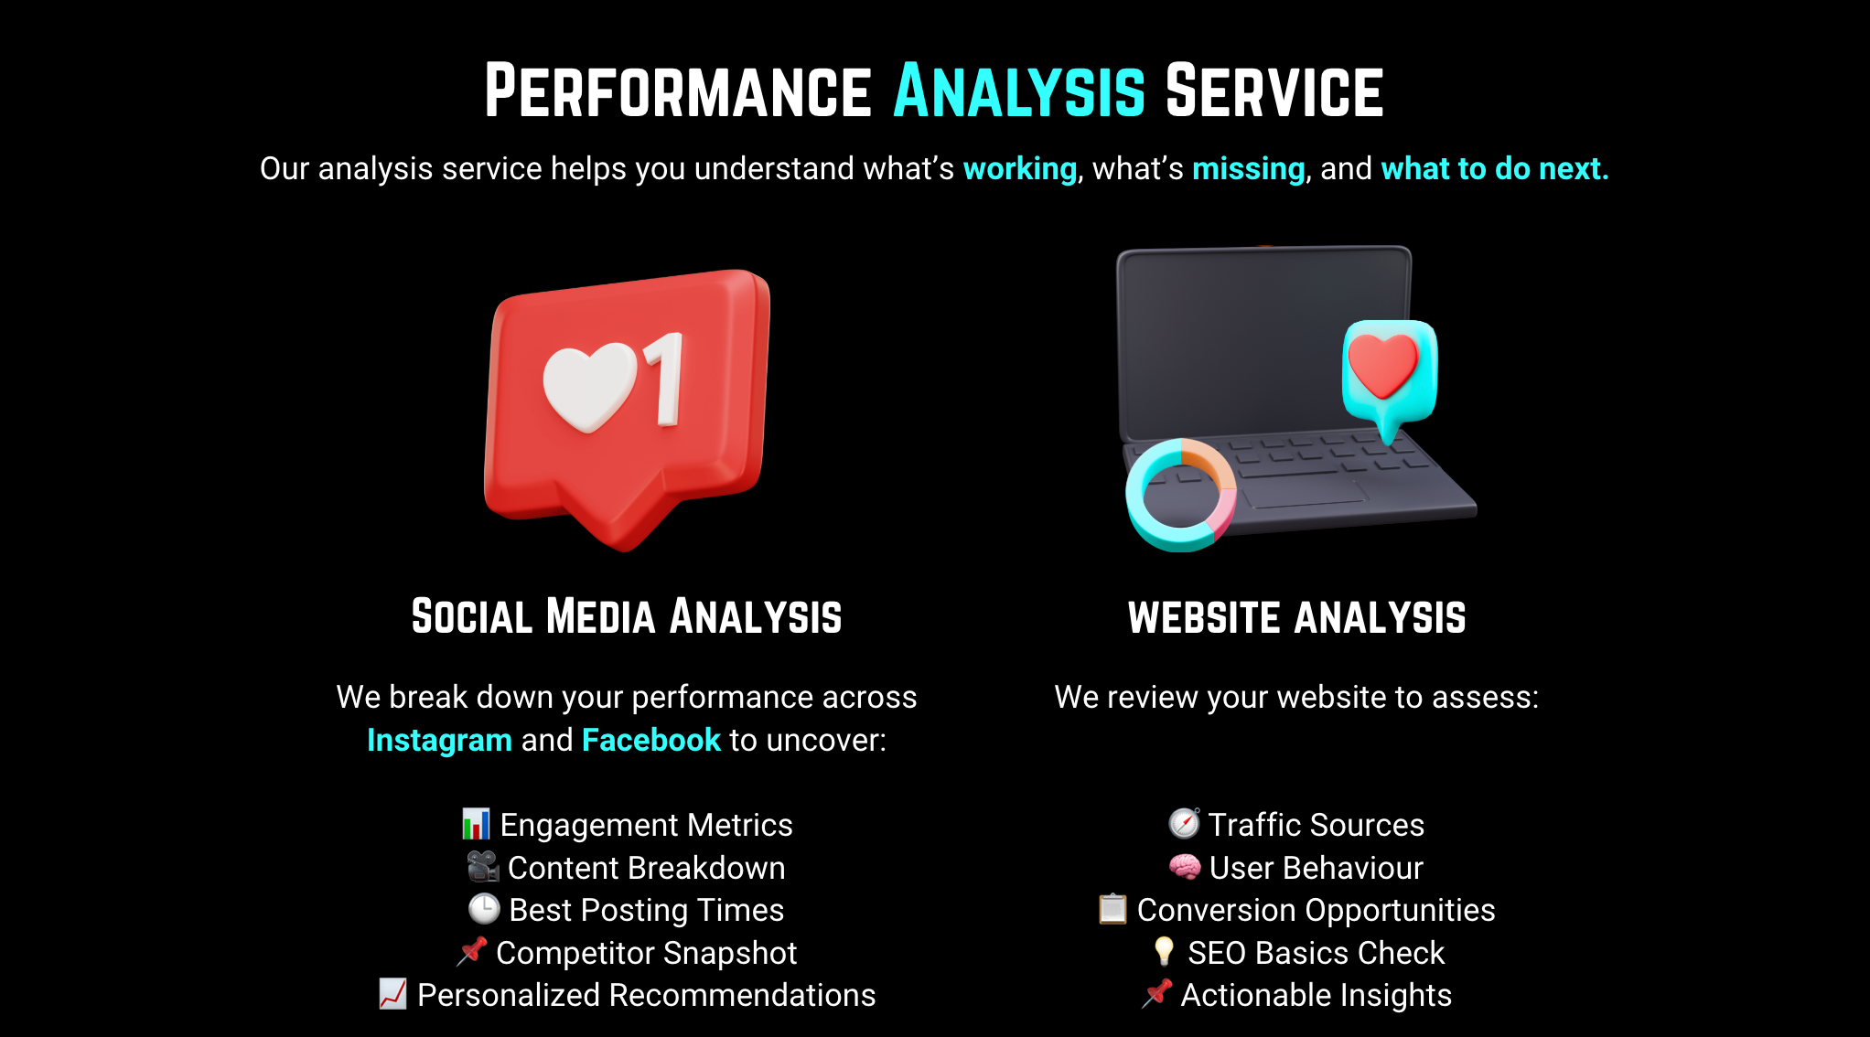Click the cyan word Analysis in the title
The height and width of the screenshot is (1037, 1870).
(x=1019, y=91)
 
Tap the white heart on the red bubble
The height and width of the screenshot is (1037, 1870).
(x=589, y=387)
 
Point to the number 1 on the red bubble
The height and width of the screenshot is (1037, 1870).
(x=664, y=379)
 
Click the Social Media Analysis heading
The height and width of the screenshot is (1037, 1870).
(x=627, y=616)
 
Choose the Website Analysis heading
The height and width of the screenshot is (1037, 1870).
(x=1297, y=617)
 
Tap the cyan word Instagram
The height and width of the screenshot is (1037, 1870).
(x=439, y=740)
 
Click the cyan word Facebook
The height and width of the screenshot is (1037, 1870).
(x=651, y=740)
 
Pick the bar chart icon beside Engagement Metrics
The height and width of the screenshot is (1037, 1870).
(x=476, y=824)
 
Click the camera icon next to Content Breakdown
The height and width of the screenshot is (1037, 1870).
(x=482, y=866)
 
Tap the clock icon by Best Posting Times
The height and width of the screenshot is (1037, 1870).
(x=484, y=909)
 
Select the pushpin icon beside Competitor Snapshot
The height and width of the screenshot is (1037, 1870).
(x=472, y=951)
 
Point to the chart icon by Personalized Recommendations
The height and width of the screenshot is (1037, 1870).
(x=393, y=994)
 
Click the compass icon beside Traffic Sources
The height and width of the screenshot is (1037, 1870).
(x=1185, y=823)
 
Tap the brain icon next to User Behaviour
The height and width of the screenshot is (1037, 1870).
(x=1185, y=866)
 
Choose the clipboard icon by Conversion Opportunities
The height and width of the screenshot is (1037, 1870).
(x=1112, y=909)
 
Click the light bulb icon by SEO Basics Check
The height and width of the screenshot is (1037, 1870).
(x=1164, y=951)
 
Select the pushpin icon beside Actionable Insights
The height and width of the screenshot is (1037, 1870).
(x=1157, y=994)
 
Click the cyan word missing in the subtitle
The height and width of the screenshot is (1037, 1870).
(x=1249, y=169)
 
